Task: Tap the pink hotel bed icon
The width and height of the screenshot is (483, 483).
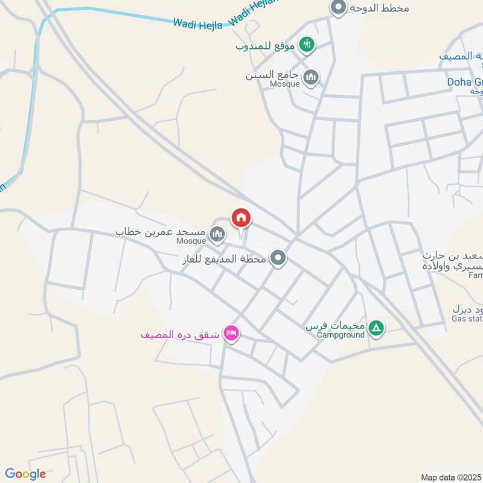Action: tap(231, 333)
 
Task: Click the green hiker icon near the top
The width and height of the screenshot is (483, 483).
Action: tap(308, 45)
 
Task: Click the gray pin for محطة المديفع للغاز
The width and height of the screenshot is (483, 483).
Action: tap(278, 259)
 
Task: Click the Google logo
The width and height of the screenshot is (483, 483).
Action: tap(25, 474)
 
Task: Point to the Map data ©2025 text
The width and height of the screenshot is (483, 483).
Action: tap(451, 477)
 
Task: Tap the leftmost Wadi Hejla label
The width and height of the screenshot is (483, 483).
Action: tap(198, 24)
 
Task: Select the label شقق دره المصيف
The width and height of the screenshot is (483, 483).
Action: tap(181, 334)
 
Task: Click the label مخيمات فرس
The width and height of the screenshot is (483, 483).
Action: tap(335, 326)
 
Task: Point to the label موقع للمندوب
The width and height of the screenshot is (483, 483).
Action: tap(266, 45)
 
